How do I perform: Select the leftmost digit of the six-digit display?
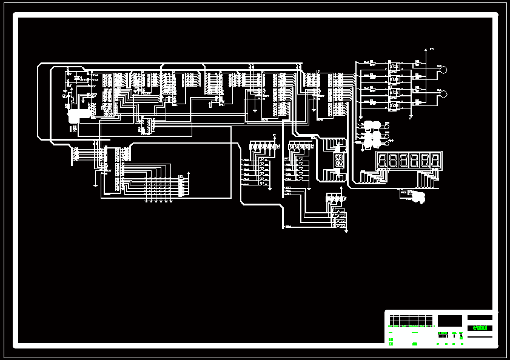[383, 161]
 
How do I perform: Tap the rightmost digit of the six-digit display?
[435, 161]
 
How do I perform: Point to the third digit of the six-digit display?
[404, 161]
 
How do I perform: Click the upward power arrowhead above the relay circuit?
[424, 50]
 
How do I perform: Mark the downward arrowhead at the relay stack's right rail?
[412, 117]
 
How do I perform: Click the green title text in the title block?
[480, 328]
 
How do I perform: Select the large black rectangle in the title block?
[449, 320]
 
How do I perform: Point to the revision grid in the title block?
[411, 319]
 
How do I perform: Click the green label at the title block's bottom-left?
[414, 344]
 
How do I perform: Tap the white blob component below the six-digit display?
[417, 198]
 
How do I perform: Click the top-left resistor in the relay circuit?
[372, 63]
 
